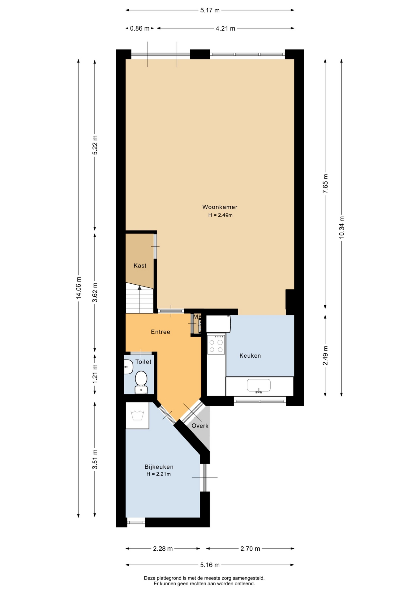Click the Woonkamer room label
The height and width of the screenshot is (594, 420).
point(220,207)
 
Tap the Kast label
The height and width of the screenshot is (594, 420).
point(140,265)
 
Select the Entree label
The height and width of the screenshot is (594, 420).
point(161,332)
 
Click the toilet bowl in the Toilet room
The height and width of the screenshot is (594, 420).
point(141,382)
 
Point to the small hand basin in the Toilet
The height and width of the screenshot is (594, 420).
point(128,367)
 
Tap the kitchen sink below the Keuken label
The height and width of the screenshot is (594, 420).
point(259,385)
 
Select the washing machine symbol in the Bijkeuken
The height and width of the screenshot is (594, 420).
point(137,415)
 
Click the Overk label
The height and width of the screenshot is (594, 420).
point(200,426)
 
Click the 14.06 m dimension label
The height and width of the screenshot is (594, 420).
point(79,287)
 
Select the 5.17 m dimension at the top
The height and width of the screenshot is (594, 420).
point(210,10)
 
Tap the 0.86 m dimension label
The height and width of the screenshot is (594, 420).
point(140,28)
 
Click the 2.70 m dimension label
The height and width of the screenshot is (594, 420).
point(250,549)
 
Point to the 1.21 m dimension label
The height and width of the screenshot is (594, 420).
point(95,374)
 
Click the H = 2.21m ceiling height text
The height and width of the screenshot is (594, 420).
point(159,474)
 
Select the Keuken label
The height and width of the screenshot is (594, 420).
point(250,356)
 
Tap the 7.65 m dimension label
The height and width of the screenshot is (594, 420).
point(325,183)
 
